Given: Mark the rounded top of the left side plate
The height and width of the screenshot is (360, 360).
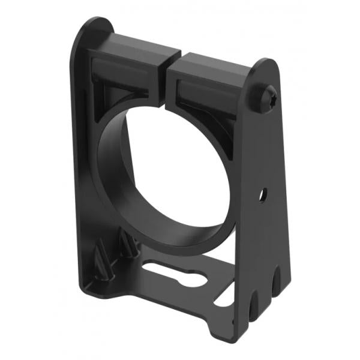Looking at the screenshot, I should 96,27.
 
